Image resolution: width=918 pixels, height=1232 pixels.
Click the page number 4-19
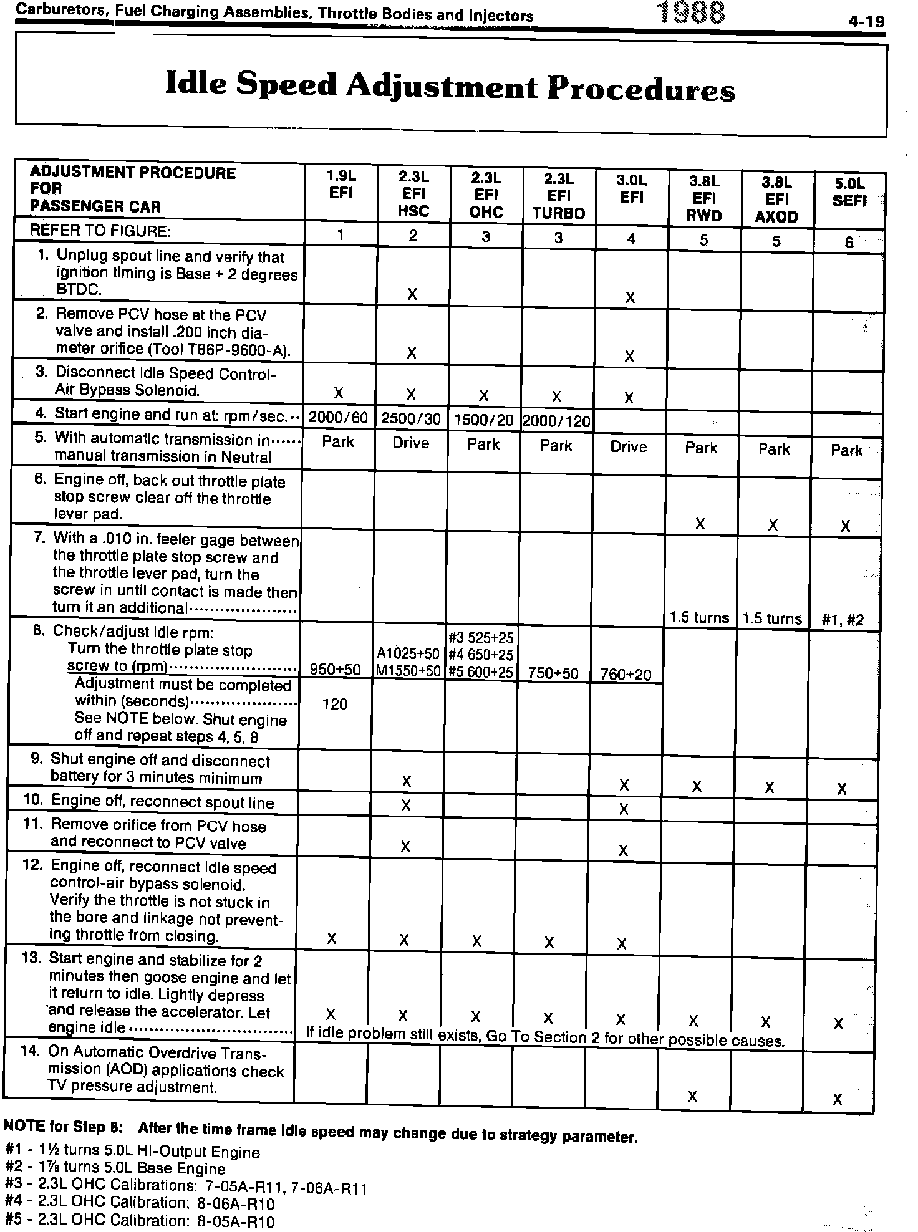(866, 22)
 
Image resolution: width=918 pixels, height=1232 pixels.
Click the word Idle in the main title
(197, 84)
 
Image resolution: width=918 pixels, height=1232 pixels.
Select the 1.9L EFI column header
(341, 184)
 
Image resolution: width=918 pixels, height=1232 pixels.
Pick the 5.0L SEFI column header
(849, 192)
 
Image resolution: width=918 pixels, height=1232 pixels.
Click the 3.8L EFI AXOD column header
(776, 200)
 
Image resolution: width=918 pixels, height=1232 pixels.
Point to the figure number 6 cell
(849, 243)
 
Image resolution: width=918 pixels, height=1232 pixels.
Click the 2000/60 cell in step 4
(339, 418)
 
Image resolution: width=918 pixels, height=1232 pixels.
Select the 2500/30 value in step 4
(411, 419)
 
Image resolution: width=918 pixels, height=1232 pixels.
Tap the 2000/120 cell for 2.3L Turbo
(556, 421)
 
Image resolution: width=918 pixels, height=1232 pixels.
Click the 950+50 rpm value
(336, 670)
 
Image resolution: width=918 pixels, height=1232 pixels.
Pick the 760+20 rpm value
(626, 674)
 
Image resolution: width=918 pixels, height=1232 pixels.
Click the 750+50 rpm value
(553, 673)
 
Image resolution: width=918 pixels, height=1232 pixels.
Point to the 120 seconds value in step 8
(335, 704)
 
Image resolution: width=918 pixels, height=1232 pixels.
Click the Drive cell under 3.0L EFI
(629, 446)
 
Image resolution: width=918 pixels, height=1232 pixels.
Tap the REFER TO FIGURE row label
(100, 231)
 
